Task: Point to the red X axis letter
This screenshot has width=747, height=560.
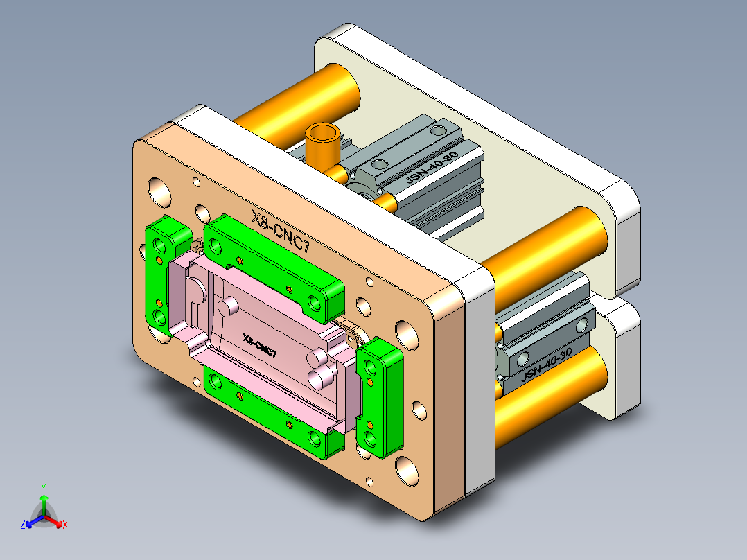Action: [65, 525]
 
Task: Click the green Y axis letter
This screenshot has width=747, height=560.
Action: [43, 487]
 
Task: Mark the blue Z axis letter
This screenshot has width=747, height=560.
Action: [23, 525]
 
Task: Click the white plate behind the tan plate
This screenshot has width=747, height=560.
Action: [478, 388]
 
